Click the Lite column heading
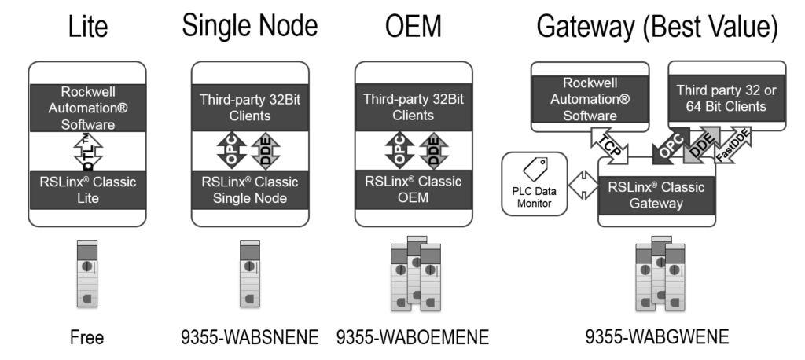[88, 26]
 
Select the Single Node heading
[250, 25]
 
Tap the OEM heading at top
[414, 26]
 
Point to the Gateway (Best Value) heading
[657, 27]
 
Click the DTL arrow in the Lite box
[88, 151]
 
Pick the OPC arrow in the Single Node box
[232, 150]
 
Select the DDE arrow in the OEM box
[434, 150]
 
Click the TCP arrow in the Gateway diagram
[609, 146]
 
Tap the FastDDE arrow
[732, 145]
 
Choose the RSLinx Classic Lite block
[88, 190]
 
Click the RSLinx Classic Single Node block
[250, 190]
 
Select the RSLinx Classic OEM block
[414, 189]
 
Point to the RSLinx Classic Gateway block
[656, 195]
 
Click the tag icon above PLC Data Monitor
[535, 168]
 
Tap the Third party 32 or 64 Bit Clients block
[726, 98]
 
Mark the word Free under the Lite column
[86, 337]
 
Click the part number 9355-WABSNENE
[250, 337]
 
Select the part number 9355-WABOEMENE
[413, 337]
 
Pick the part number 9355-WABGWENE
[657, 337]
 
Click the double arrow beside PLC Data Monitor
[583, 185]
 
